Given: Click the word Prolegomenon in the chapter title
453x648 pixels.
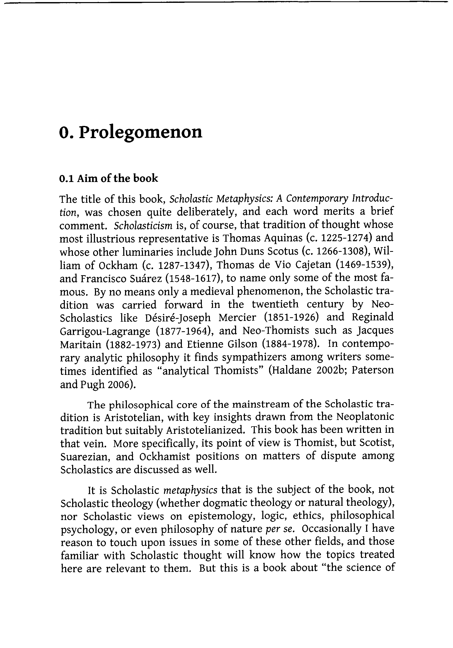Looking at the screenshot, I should pos(140,132).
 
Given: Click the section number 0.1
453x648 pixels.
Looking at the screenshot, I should pos(66,178).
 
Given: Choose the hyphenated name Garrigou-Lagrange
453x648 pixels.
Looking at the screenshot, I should pos(105,331).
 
